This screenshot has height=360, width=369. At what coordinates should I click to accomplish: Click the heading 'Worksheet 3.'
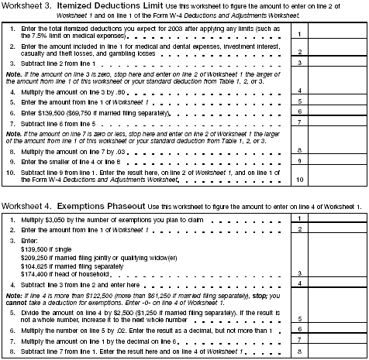[27, 7]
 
